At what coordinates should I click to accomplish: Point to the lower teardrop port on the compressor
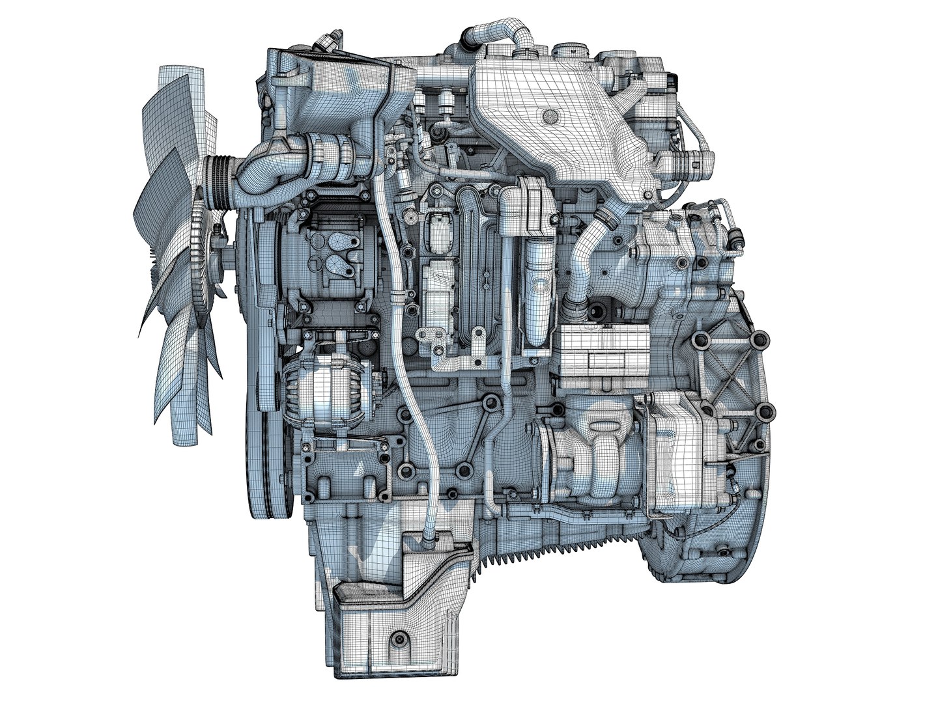[337, 265]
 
